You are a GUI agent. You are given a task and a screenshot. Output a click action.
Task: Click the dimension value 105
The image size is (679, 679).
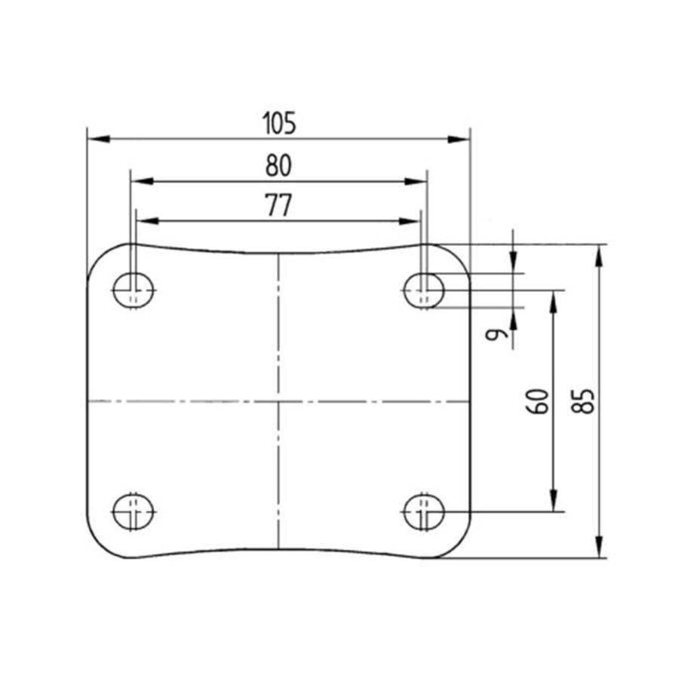278,124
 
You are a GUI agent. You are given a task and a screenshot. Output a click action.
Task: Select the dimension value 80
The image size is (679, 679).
278,166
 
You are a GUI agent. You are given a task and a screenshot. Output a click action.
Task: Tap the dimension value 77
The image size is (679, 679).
278,206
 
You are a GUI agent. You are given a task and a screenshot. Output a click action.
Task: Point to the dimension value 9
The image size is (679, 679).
495,334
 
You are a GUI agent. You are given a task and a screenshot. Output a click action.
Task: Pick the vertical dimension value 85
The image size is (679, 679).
583,401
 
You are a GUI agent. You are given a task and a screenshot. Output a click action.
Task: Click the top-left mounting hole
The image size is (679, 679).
134,290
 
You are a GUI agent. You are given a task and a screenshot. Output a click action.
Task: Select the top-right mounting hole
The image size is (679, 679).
424,290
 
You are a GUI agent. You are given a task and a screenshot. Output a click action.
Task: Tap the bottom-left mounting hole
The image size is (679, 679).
134,512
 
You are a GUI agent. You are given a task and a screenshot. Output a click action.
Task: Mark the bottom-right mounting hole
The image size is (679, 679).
424,512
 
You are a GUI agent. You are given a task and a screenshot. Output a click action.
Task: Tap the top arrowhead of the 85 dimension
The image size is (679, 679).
600,254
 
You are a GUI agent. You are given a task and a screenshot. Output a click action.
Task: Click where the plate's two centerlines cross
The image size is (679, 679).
278,401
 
